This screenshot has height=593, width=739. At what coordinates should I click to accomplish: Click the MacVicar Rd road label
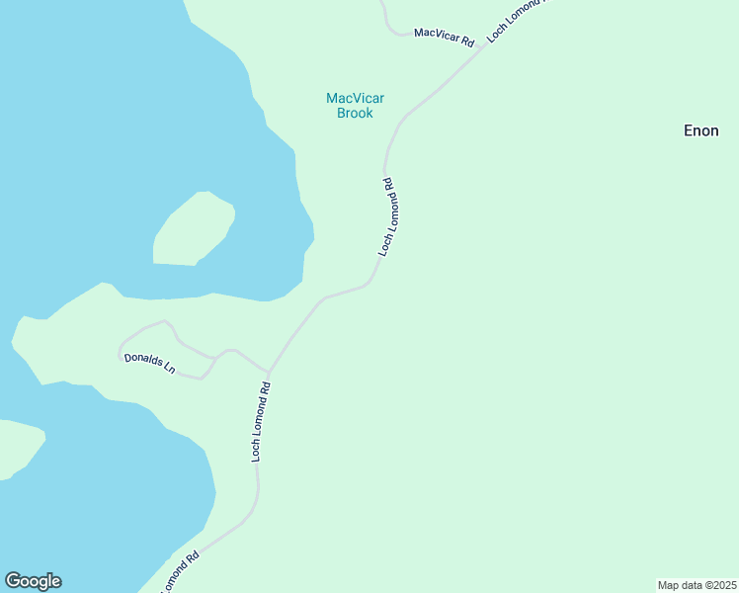pos(444,38)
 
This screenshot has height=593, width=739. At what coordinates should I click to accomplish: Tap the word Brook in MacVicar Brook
pos(355,114)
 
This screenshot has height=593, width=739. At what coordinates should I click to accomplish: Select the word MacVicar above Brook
pos(355,98)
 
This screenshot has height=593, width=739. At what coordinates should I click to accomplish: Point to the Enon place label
pos(701,130)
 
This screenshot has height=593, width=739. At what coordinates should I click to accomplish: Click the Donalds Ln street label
pos(149,364)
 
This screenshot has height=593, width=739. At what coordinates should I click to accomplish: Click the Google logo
pos(33,581)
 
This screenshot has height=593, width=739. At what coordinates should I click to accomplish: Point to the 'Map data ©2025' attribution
pos(697,585)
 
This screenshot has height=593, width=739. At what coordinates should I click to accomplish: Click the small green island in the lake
pos(194,230)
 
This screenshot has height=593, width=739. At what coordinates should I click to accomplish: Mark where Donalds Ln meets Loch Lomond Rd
pos(269,374)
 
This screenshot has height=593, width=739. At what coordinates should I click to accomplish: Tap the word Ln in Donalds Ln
pos(169,369)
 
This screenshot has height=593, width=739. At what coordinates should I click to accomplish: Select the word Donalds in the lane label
pos(142,362)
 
